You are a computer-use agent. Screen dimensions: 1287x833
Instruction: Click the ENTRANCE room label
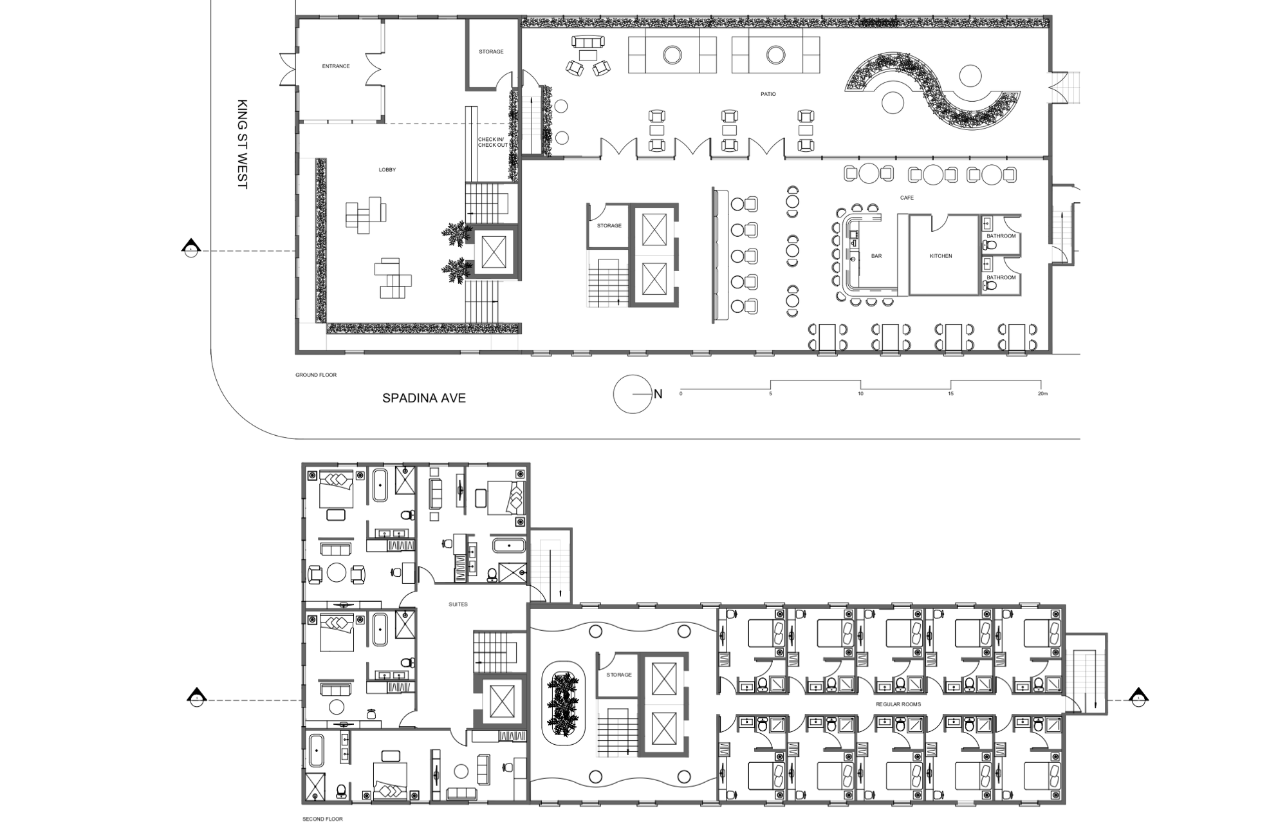(x=336, y=66)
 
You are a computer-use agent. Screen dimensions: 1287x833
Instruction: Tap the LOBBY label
(x=387, y=170)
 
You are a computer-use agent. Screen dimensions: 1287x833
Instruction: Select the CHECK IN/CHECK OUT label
(x=492, y=142)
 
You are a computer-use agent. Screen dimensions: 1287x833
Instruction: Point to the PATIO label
(x=768, y=94)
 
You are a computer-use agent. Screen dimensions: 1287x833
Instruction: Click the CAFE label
(x=907, y=198)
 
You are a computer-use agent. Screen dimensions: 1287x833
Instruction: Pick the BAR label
(x=876, y=256)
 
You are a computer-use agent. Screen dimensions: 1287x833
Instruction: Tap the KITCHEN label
(x=941, y=256)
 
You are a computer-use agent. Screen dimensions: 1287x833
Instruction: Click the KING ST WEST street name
(x=243, y=144)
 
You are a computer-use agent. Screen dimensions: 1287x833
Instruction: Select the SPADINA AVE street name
(x=424, y=398)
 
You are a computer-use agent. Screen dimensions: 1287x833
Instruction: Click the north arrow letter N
(x=658, y=394)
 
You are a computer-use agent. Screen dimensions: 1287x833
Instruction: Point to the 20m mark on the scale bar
(x=1042, y=393)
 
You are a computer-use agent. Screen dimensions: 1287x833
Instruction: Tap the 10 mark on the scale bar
(x=860, y=393)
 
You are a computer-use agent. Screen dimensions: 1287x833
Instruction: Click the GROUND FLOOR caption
(x=316, y=375)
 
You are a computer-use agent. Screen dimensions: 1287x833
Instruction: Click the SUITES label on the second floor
(x=458, y=604)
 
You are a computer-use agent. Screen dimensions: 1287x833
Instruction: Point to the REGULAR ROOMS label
(x=898, y=704)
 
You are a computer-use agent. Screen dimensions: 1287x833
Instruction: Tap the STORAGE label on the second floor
(x=619, y=675)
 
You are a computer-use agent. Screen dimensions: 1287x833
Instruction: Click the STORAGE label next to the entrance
(x=491, y=51)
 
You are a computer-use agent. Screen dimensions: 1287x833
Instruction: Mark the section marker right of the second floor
(x=1138, y=697)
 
